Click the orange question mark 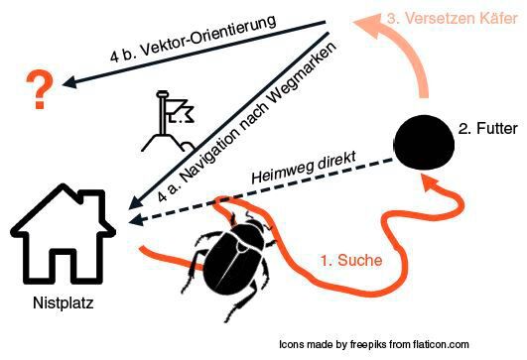pos(39,90)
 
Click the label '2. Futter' pos(488,129)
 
